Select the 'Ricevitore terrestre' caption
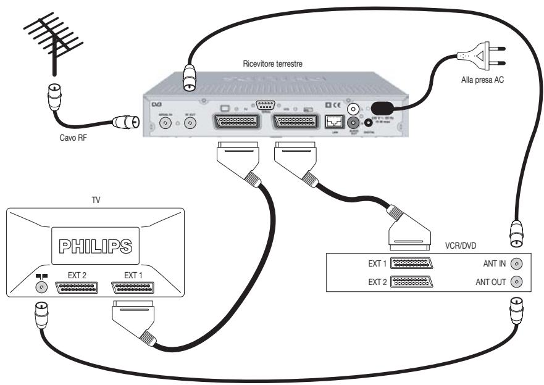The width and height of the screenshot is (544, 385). (272, 64)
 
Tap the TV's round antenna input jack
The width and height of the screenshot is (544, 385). (42, 288)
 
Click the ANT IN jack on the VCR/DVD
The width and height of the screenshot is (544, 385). (517, 264)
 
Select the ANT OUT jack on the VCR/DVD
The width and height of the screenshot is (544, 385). (517, 282)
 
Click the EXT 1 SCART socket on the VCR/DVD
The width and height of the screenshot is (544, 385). (412, 264)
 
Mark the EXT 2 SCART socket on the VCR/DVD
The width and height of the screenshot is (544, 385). (412, 282)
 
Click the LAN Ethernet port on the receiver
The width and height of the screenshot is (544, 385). (333, 121)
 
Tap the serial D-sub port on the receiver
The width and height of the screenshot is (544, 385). (266, 104)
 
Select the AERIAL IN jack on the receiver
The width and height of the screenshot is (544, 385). (165, 123)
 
